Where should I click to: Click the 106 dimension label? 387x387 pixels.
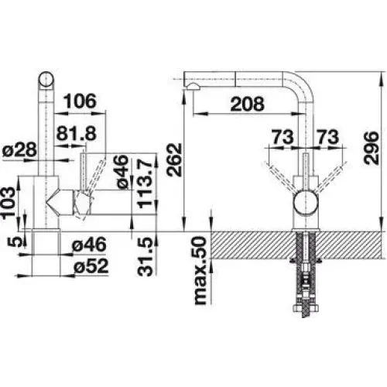[80, 101]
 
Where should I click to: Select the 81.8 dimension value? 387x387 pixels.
[77, 133]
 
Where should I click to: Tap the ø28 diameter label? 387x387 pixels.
[19, 149]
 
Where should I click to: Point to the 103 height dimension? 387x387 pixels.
[9, 204]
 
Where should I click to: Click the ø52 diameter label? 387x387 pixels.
[91, 266]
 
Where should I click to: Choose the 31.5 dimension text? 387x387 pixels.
[146, 257]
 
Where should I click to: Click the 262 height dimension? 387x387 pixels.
[174, 159]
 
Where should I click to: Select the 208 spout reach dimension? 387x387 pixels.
[248, 104]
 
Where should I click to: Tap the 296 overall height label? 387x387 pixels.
[371, 148]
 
